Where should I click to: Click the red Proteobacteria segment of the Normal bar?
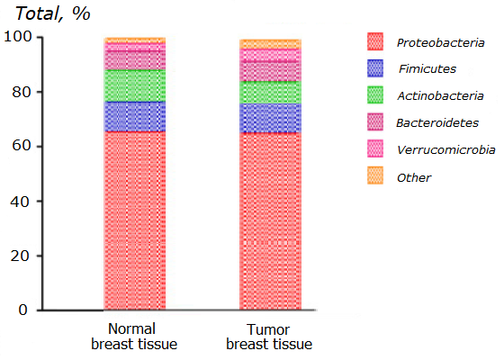click(x=135, y=220)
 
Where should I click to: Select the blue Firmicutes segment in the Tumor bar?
click(x=270, y=118)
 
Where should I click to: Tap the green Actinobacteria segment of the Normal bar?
click(x=135, y=85)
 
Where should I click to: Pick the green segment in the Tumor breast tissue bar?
click(x=270, y=92)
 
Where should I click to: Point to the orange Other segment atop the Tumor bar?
click(x=270, y=44)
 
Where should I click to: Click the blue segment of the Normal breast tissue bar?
click(x=135, y=117)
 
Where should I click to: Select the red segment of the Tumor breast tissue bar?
click(x=270, y=221)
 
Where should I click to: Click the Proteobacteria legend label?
click(x=440, y=43)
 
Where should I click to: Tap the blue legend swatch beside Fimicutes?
click(x=375, y=68)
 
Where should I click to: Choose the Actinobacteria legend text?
click(x=440, y=95)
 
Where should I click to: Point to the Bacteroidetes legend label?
click(x=437, y=122)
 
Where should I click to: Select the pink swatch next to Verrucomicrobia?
click(x=375, y=148)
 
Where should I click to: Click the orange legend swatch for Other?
click(x=375, y=175)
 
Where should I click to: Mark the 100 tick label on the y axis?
click(x=18, y=37)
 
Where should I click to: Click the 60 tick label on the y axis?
click(x=22, y=146)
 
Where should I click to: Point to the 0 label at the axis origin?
click(x=22, y=310)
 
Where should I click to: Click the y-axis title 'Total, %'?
click(x=53, y=13)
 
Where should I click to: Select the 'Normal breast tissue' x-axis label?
click(x=134, y=337)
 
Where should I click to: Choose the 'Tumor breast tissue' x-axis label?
click(x=269, y=337)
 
